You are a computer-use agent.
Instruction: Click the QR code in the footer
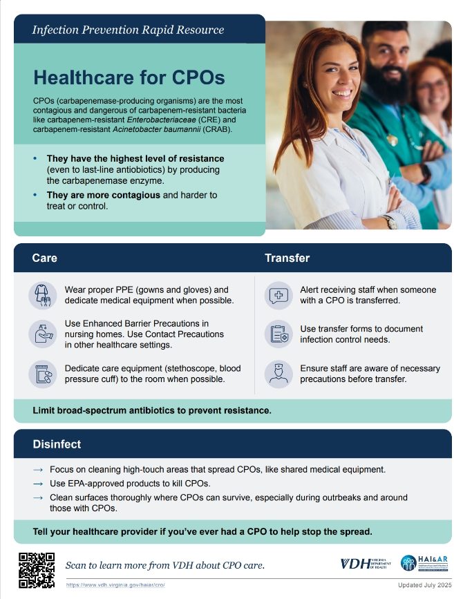click(36, 570)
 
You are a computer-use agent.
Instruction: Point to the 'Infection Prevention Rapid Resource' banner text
click(128, 30)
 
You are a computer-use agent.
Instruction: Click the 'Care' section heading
click(44, 258)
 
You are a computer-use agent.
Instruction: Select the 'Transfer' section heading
click(287, 258)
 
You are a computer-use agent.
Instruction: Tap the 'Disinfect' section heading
click(57, 444)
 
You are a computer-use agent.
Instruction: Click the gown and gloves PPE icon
click(43, 295)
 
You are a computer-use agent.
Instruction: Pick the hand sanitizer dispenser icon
click(43, 334)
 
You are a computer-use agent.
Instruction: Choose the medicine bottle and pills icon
click(43, 374)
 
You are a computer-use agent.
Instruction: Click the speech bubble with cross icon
click(278, 295)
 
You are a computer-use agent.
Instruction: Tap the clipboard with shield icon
click(278, 334)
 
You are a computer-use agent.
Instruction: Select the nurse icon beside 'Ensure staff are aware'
click(278, 374)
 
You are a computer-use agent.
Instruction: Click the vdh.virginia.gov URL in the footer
click(115, 584)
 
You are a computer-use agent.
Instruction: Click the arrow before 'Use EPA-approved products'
click(38, 484)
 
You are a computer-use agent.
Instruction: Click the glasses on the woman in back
click(432, 85)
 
